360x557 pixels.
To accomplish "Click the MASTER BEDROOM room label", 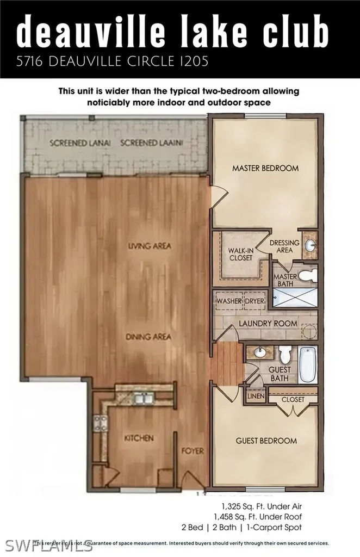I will click(x=265, y=168).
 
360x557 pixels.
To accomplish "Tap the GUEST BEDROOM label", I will click(x=266, y=441).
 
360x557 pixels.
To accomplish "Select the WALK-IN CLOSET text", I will click(x=240, y=254).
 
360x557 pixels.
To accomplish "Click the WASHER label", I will click(x=229, y=301).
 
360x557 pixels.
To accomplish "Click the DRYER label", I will click(x=254, y=301).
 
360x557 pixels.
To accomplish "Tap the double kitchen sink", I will click(x=143, y=400).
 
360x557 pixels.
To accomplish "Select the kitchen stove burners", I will click(x=101, y=423).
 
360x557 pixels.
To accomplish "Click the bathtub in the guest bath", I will click(x=307, y=365).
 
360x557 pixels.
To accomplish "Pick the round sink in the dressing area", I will click(x=310, y=246).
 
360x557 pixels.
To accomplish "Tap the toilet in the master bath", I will click(x=307, y=277).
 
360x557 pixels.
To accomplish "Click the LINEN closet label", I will click(x=256, y=397).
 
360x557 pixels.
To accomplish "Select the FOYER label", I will click(x=193, y=451).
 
